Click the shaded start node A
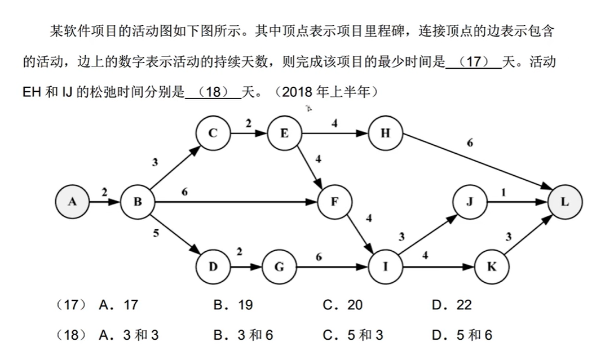click(x=72, y=201)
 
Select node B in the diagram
click(x=138, y=201)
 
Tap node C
click(x=213, y=133)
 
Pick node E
click(x=284, y=133)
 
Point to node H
click(x=385, y=133)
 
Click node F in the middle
click(x=334, y=201)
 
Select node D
click(x=213, y=266)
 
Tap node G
click(x=279, y=266)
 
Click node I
click(x=385, y=266)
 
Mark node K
click(x=491, y=266)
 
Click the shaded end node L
click(x=565, y=201)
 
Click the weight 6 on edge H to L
click(x=470, y=143)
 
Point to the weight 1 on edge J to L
click(x=504, y=192)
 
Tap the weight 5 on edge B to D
click(x=156, y=234)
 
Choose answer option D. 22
click(x=452, y=305)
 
